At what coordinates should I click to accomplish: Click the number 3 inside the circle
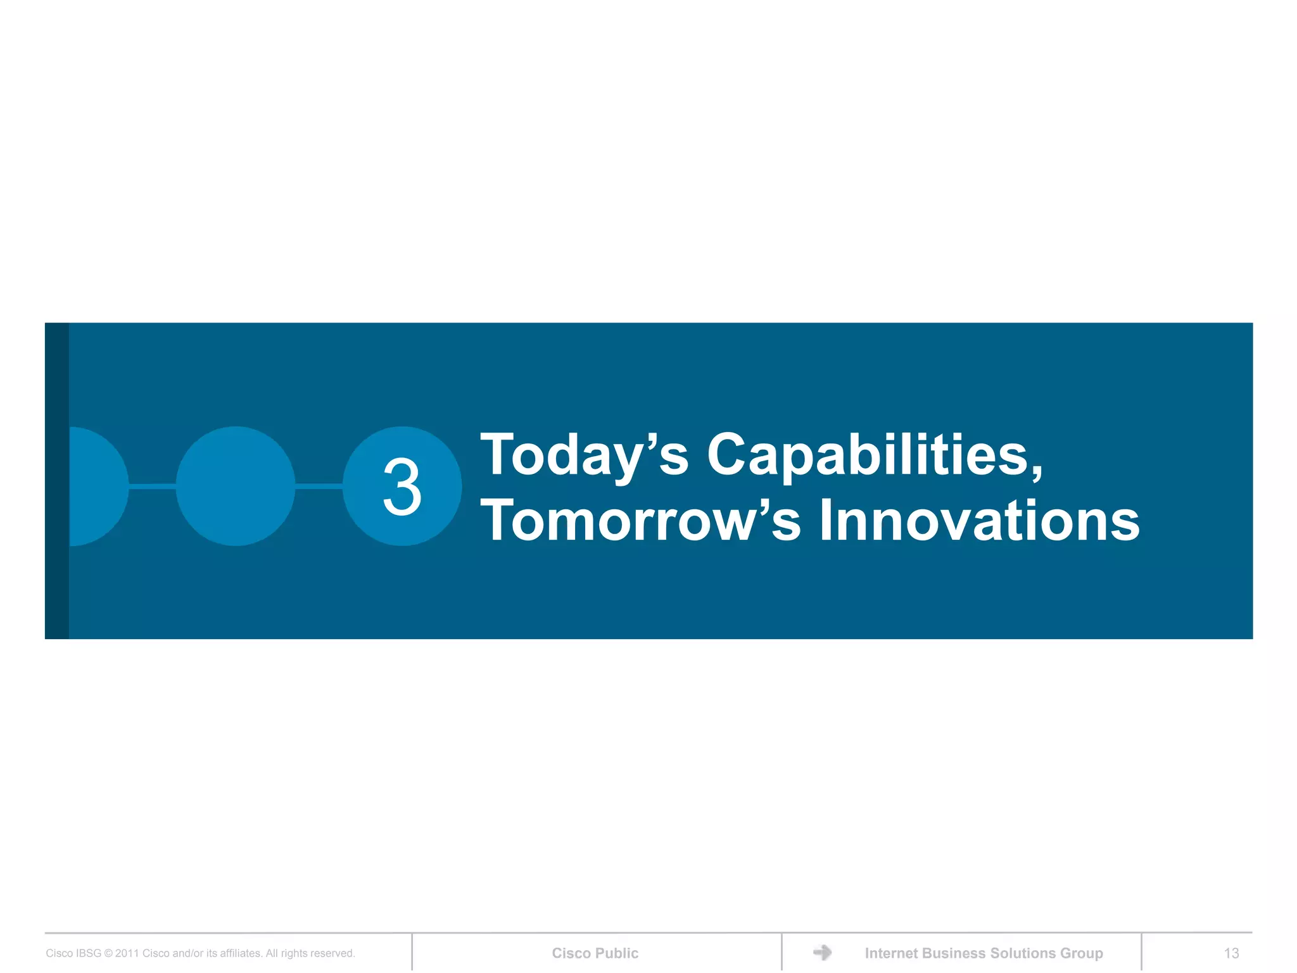(402, 486)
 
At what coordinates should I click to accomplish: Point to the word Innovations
(979, 521)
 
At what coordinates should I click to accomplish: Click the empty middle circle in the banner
(236, 486)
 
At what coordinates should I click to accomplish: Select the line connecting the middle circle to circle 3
(319, 486)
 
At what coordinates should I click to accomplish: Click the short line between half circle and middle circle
(152, 486)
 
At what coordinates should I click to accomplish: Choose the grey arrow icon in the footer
(822, 952)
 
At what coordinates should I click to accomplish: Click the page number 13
(1231, 953)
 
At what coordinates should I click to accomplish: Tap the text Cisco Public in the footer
(595, 953)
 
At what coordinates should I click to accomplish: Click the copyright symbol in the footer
(108, 953)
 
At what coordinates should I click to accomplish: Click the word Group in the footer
(1082, 953)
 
